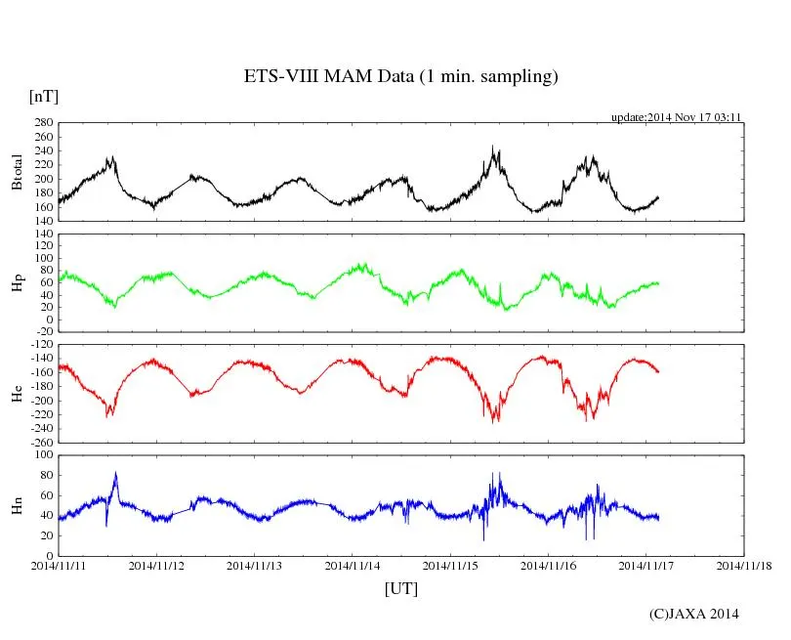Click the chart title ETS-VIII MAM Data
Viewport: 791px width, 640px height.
click(x=400, y=77)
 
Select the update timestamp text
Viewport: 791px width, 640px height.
click(x=677, y=116)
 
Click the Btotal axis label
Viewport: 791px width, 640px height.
click(x=17, y=172)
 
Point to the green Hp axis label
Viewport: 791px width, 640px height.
click(x=17, y=283)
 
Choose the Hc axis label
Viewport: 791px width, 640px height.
click(x=17, y=394)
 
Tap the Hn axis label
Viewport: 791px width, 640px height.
click(x=17, y=504)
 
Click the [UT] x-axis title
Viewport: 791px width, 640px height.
click(x=400, y=588)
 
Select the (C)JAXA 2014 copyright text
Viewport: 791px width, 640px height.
click(x=694, y=614)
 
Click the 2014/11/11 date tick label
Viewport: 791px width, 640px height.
click(x=58, y=566)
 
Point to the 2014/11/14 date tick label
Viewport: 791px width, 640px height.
click(x=353, y=566)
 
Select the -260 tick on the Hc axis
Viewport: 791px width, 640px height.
click(x=40, y=442)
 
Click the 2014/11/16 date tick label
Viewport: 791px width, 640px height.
click(x=548, y=566)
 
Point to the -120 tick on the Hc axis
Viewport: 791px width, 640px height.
click(x=40, y=346)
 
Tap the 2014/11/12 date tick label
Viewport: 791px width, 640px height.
click(x=156, y=566)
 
